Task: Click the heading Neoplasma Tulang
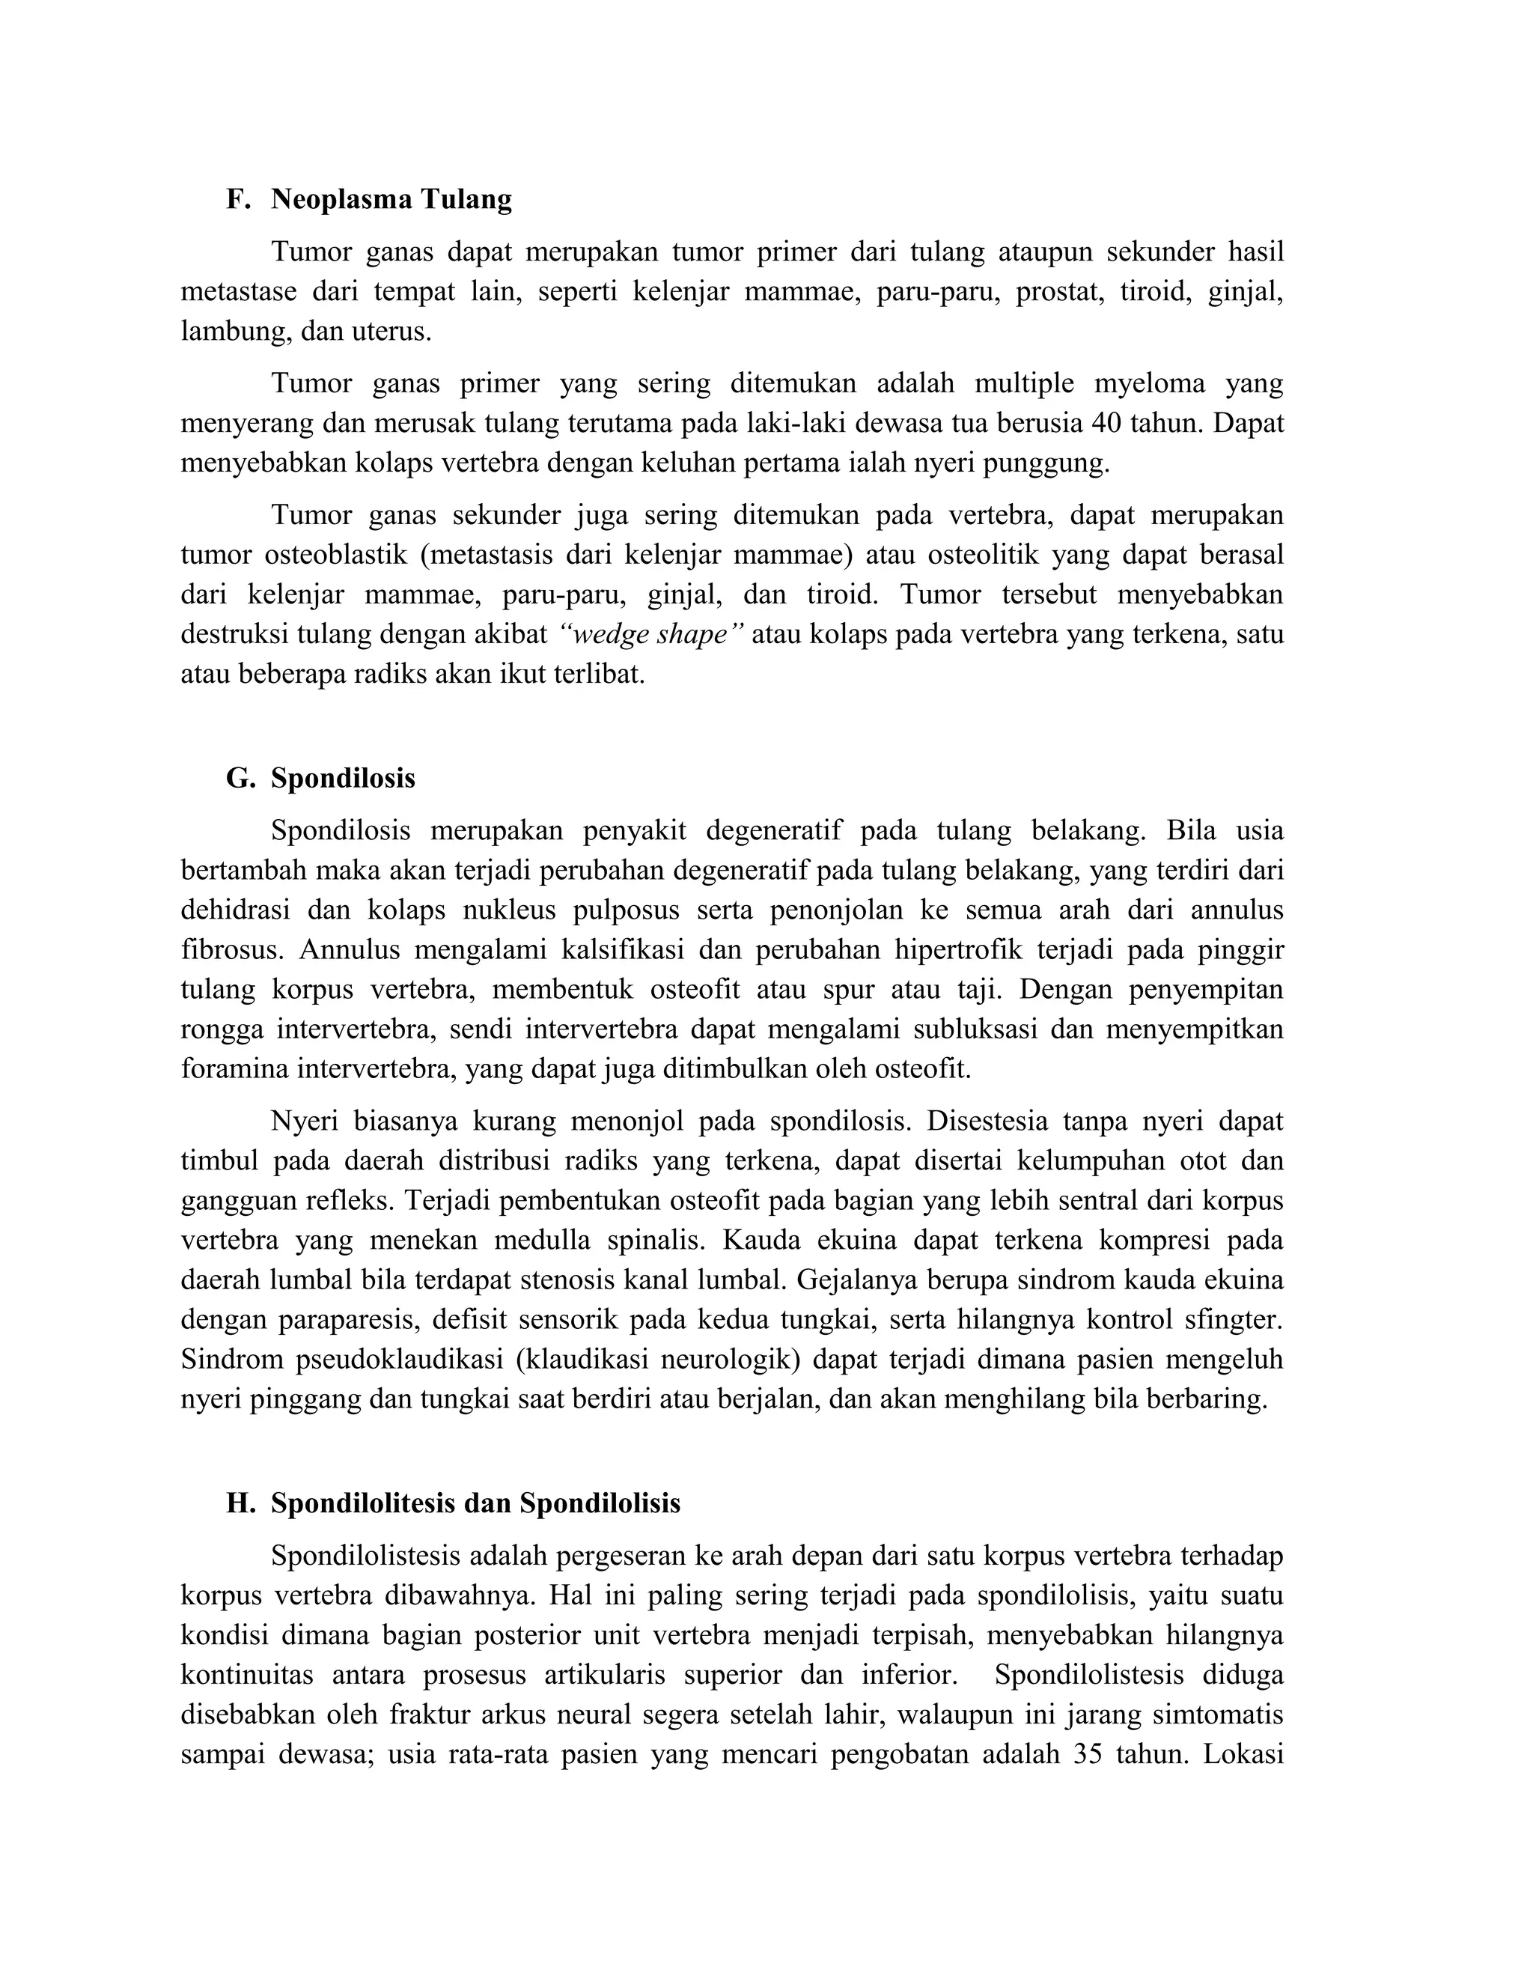pos(391,199)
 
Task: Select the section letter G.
pos(239,779)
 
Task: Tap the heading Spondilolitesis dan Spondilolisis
pos(475,1503)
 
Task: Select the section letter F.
pos(237,199)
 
